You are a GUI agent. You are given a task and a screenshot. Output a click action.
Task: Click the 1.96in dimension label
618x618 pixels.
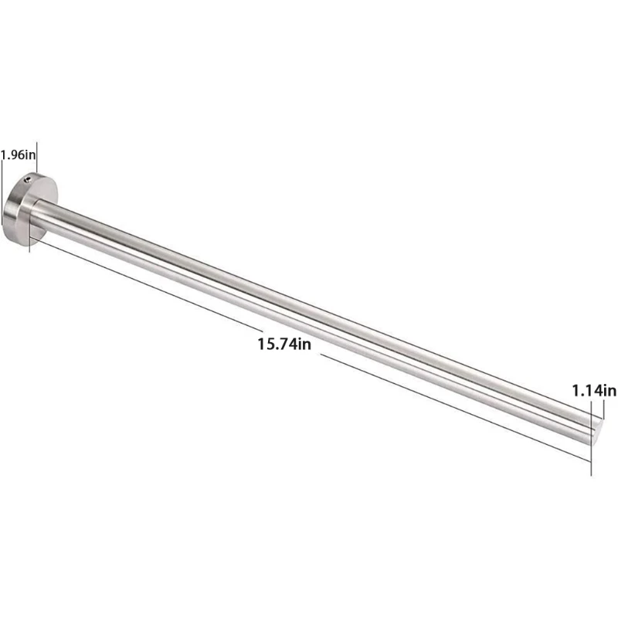click(18, 154)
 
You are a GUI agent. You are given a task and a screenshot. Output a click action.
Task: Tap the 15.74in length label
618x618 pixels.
click(284, 344)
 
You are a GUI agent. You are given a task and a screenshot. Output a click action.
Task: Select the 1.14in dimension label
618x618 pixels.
click(593, 391)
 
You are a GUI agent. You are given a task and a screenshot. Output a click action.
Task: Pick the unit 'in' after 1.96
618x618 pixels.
click(29, 154)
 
